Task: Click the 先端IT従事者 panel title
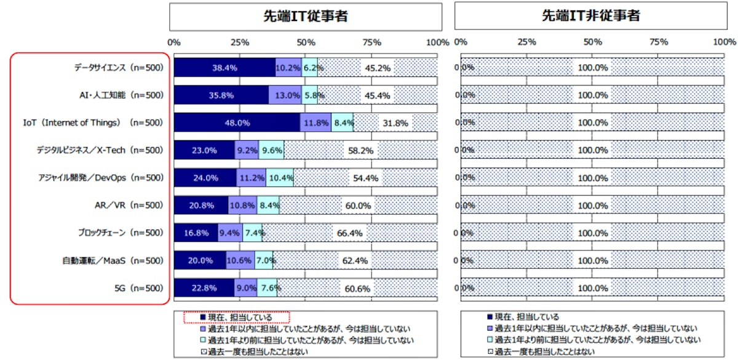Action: click(x=306, y=16)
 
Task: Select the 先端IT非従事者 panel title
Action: click(x=591, y=16)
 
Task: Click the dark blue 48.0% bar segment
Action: click(x=237, y=122)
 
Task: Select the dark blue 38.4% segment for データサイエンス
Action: click(x=224, y=67)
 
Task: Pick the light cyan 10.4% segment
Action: click(x=280, y=178)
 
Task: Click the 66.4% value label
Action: click(x=349, y=233)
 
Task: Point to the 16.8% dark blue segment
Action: click(x=196, y=233)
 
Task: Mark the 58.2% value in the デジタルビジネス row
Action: click(x=360, y=150)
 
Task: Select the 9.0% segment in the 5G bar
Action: click(x=246, y=288)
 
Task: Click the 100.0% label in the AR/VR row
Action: click(x=593, y=206)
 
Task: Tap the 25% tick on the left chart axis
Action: click(x=240, y=42)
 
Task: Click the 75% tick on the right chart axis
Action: click(x=659, y=42)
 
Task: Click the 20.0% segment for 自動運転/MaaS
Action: click(x=200, y=260)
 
